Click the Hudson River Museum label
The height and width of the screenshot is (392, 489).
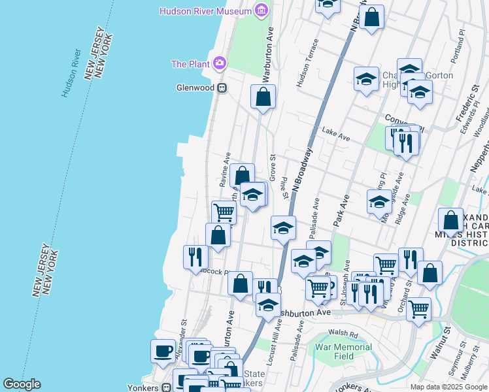pos(206,11)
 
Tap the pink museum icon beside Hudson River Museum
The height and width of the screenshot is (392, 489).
pos(261,11)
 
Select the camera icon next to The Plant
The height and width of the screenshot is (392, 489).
pos(220,63)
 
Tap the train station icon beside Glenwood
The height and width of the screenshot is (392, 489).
pos(222,88)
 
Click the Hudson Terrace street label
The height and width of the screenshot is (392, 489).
pos(307,63)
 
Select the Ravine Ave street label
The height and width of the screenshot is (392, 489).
pos(226,168)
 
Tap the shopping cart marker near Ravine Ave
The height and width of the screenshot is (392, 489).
pos(224,212)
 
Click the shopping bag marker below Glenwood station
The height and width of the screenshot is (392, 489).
pos(263,97)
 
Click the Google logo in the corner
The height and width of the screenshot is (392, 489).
pos(22,384)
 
